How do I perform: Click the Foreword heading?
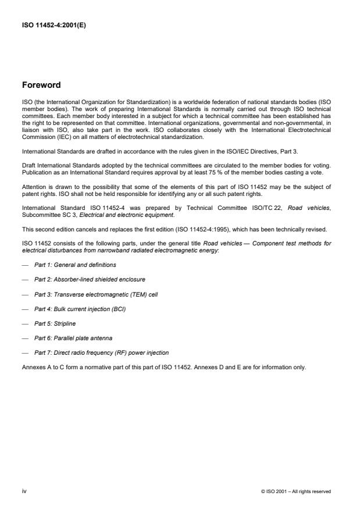coord(41,85)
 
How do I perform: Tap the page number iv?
coord(24,491)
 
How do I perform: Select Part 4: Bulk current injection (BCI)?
coord(80,309)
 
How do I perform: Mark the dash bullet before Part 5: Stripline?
coord(25,324)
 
